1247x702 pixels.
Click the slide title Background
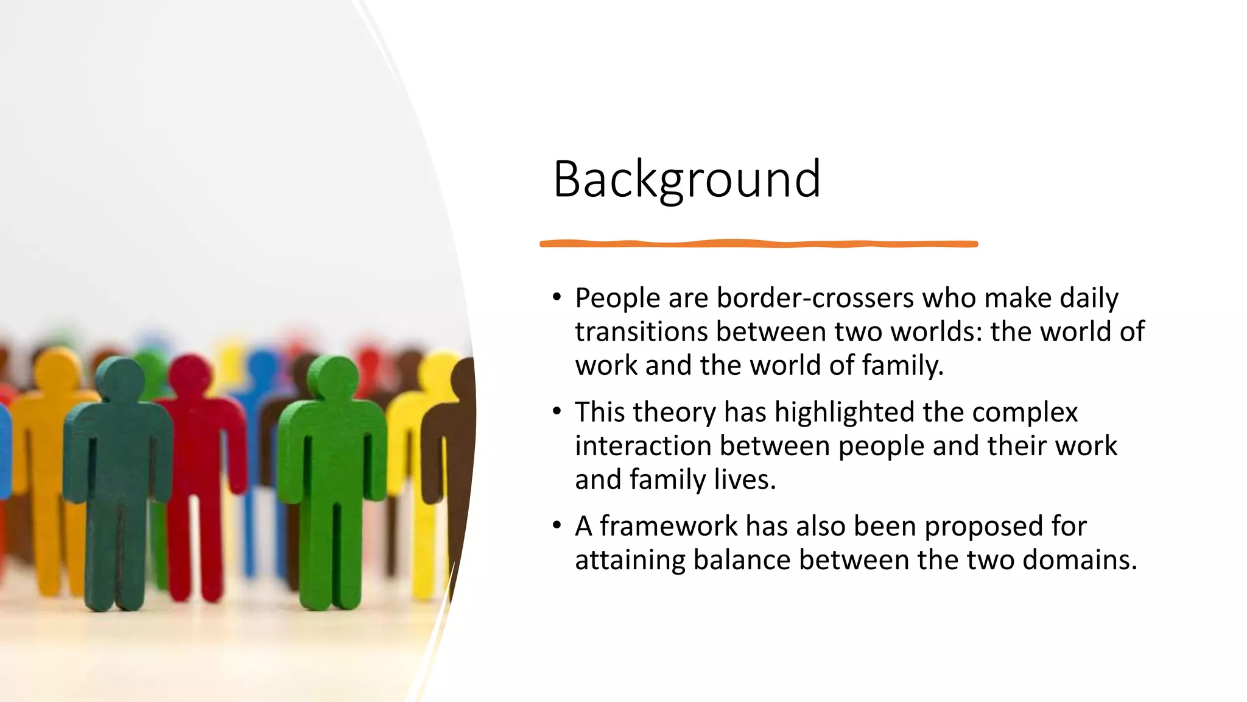click(686, 179)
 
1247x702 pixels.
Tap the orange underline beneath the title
click(758, 244)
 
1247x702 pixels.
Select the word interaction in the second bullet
click(642, 446)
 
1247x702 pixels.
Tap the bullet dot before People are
click(557, 297)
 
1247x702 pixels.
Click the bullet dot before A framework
click(557, 525)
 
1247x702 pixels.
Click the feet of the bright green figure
click(332, 600)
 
